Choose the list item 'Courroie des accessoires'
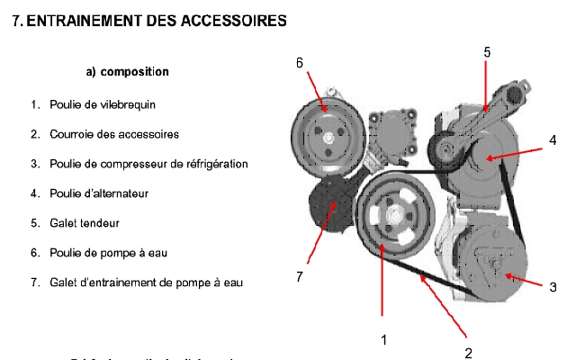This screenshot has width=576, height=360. pos(103,134)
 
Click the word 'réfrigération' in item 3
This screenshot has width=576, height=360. pos(217,164)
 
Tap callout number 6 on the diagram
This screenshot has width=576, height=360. pos(299,62)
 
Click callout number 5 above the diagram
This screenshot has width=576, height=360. pos(487,53)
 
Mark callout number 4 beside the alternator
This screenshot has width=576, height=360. pos(553,139)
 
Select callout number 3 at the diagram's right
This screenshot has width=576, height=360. pos(553,287)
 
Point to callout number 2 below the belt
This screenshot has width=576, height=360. pos(468,352)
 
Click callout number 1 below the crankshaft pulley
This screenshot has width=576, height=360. pos(384,339)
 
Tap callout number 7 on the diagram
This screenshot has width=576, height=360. pos(299,276)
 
